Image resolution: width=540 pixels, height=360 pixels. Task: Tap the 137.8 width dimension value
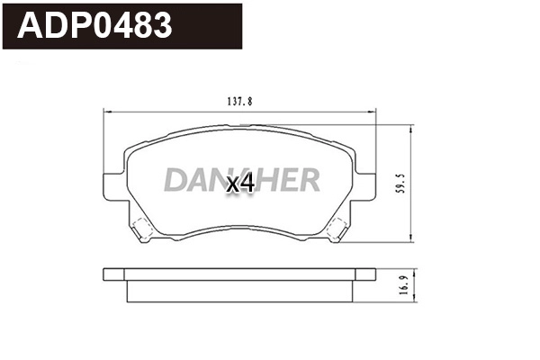pyautogui.click(x=238, y=102)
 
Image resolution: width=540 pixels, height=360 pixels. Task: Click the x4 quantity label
pyautogui.click(x=240, y=184)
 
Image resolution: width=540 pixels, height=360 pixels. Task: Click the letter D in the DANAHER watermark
pyautogui.click(x=175, y=181)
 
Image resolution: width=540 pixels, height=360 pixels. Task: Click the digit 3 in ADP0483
pyautogui.click(x=160, y=26)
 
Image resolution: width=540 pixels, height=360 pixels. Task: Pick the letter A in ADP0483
pyautogui.click(x=32, y=26)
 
